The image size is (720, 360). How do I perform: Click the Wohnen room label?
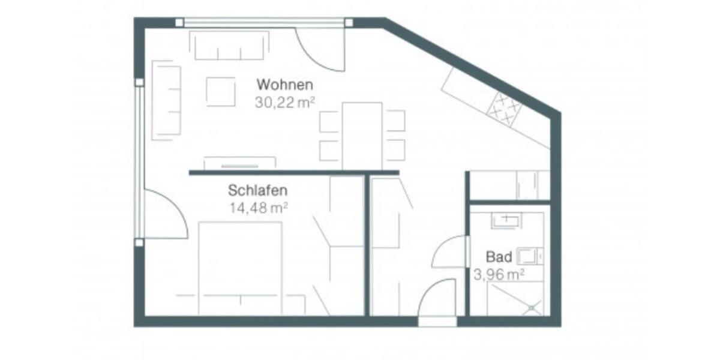[x=285, y=83]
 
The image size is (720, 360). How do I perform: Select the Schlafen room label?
[x=257, y=191]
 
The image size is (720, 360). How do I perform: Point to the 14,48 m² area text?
[x=258, y=208]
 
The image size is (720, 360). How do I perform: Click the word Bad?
[x=499, y=257]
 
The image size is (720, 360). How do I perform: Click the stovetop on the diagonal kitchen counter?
[x=504, y=109]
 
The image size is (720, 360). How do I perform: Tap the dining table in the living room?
[x=362, y=136]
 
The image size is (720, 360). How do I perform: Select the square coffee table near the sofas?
[x=221, y=92]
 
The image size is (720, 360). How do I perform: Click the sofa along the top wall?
[x=229, y=46]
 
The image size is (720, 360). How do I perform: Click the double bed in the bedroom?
[x=240, y=267]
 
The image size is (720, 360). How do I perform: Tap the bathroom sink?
[x=506, y=221]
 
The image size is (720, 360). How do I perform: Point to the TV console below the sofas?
[x=239, y=163]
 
